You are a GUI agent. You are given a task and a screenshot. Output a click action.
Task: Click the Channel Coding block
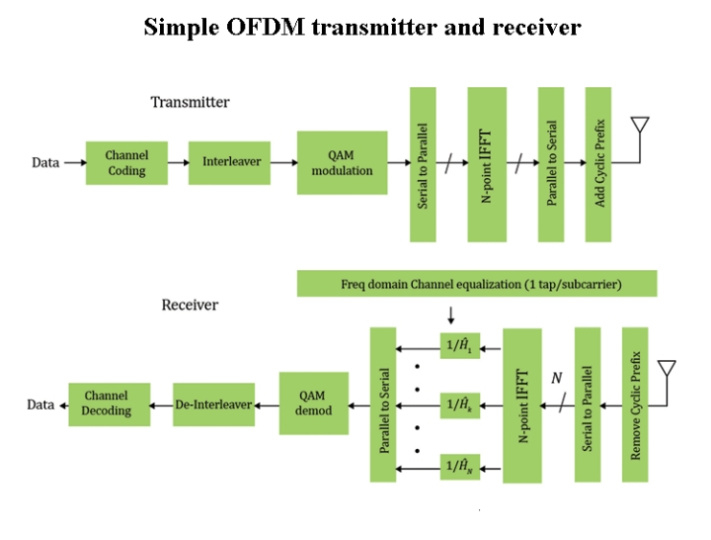click(126, 163)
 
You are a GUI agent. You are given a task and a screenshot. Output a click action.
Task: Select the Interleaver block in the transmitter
click(232, 161)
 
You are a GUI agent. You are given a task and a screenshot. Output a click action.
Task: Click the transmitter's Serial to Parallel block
click(423, 164)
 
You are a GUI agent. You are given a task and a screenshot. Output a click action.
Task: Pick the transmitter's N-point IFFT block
click(487, 164)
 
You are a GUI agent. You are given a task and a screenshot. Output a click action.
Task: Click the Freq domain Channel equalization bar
click(476, 284)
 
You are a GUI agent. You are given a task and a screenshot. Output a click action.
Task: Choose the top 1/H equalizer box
click(459, 347)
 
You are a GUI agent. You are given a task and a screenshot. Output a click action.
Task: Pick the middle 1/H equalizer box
click(459, 405)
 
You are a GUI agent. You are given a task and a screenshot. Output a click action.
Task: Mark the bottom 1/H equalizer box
click(459, 465)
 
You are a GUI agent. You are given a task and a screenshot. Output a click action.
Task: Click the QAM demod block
click(314, 404)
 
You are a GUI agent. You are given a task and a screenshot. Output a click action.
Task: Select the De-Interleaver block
click(213, 405)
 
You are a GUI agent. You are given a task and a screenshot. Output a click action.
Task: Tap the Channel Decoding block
click(109, 405)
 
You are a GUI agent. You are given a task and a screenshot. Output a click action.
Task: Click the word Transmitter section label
click(190, 102)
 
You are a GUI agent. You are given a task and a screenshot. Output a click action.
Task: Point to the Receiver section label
click(190, 305)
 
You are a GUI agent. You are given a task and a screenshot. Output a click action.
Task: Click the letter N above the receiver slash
click(556, 378)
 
